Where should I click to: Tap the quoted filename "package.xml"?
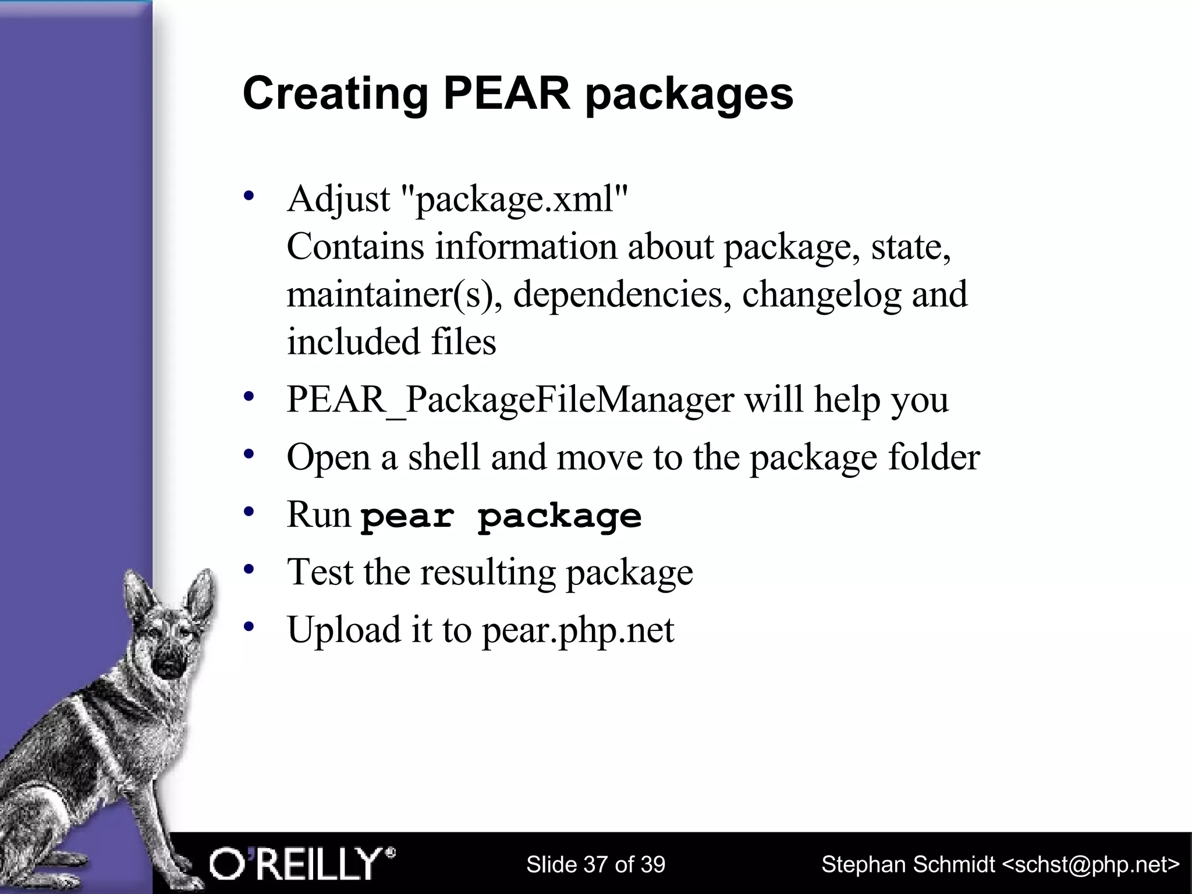(x=515, y=199)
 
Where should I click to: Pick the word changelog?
(x=821, y=295)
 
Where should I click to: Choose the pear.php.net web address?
(x=577, y=630)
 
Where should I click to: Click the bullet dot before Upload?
(x=250, y=627)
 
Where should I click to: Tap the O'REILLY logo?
(x=302, y=864)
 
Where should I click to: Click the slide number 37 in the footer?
(x=594, y=864)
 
